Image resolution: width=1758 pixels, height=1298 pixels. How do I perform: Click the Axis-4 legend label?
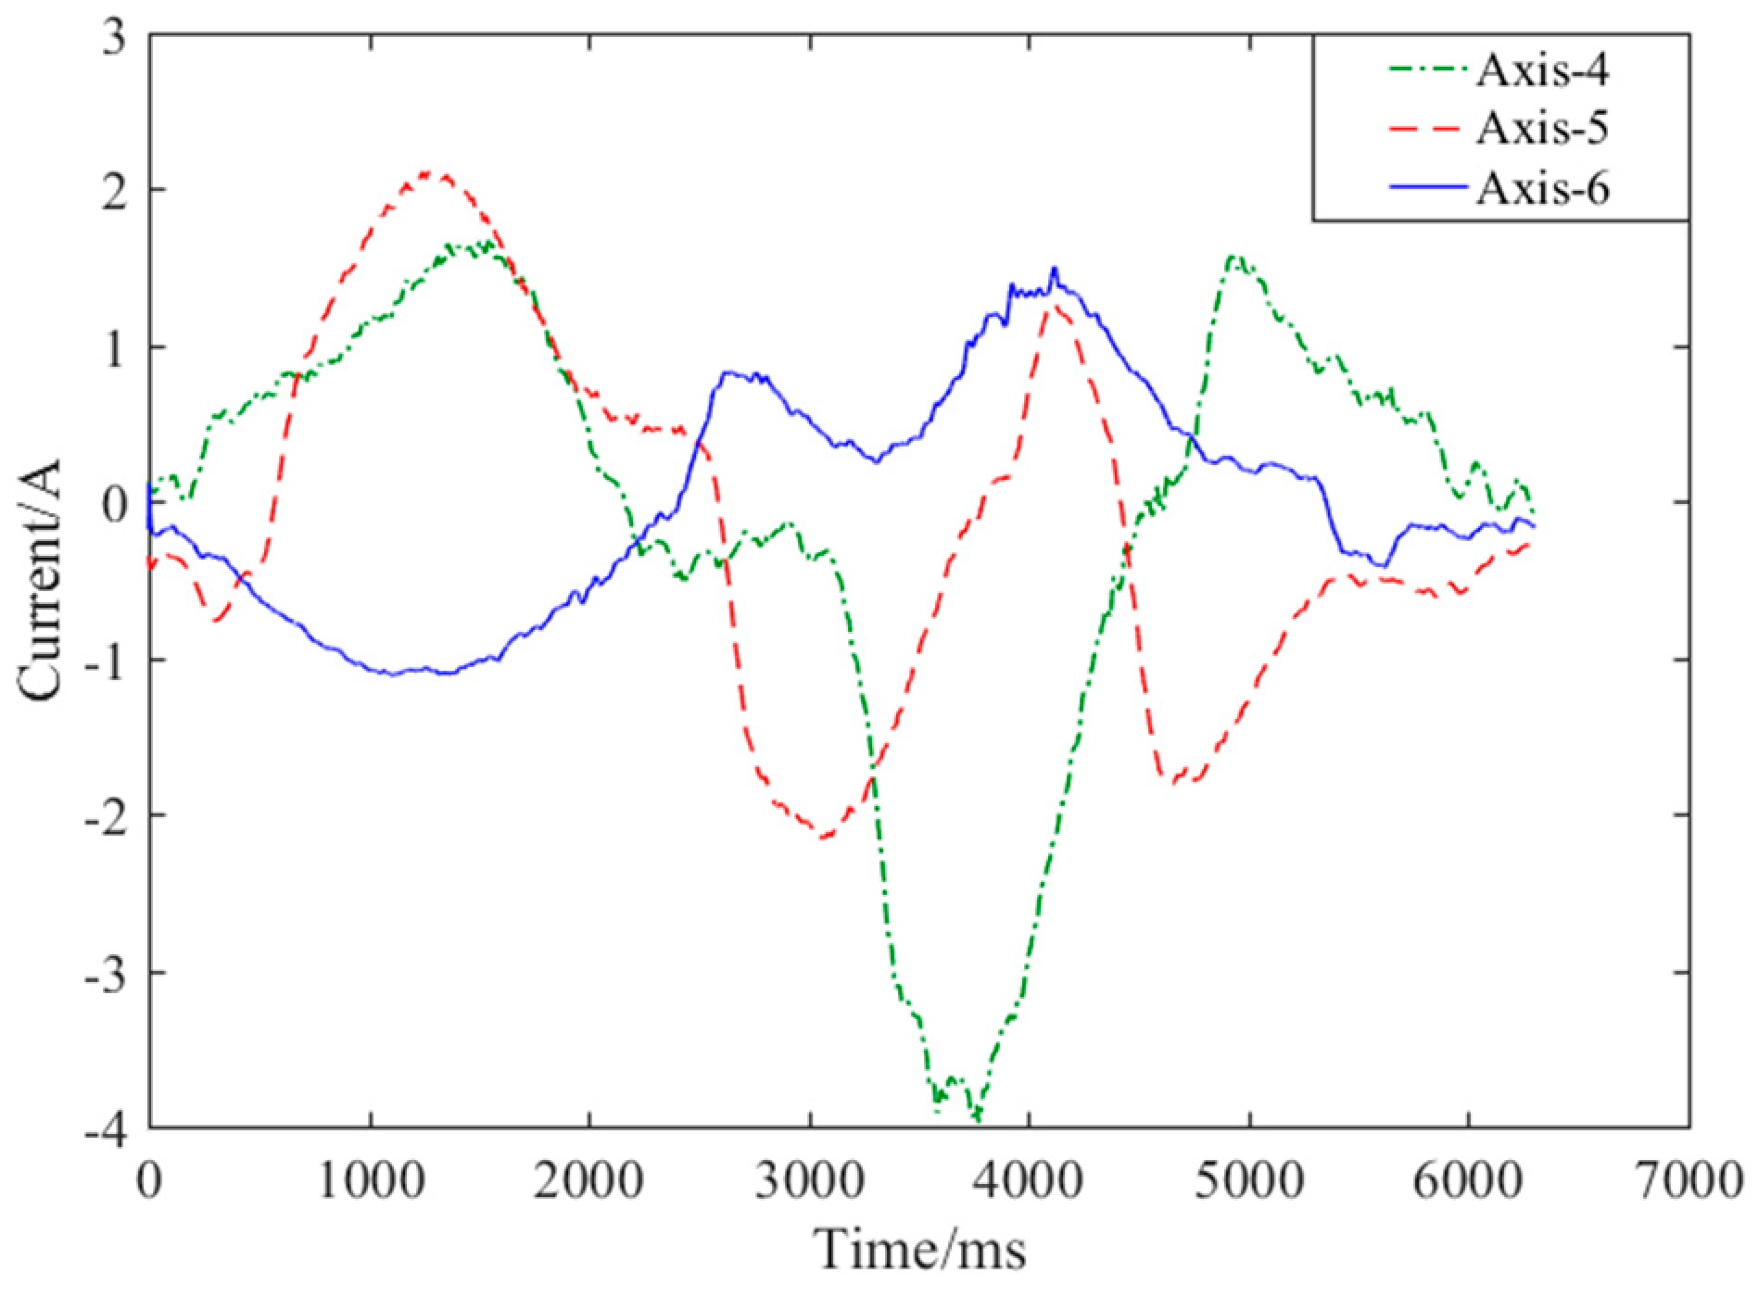point(1542,71)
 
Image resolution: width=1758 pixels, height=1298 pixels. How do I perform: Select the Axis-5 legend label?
point(1542,128)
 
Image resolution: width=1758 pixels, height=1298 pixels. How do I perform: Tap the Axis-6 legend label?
point(1542,189)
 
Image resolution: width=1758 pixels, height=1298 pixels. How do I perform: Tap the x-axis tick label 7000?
point(1688,1182)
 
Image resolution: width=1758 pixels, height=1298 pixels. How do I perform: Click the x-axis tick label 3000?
point(810,1182)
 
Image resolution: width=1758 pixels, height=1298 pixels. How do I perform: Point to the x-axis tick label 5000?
point(1249,1182)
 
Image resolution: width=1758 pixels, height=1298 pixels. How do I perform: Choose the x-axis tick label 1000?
point(371,1182)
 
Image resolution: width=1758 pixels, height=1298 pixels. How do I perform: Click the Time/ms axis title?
point(920,1250)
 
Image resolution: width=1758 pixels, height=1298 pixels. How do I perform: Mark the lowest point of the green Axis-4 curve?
point(976,1119)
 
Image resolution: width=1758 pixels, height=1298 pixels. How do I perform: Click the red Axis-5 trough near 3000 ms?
point(825,837)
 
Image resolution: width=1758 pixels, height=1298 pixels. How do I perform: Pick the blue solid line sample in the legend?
point(1428,188)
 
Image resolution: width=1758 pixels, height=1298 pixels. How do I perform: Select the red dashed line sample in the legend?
point(1428,128)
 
